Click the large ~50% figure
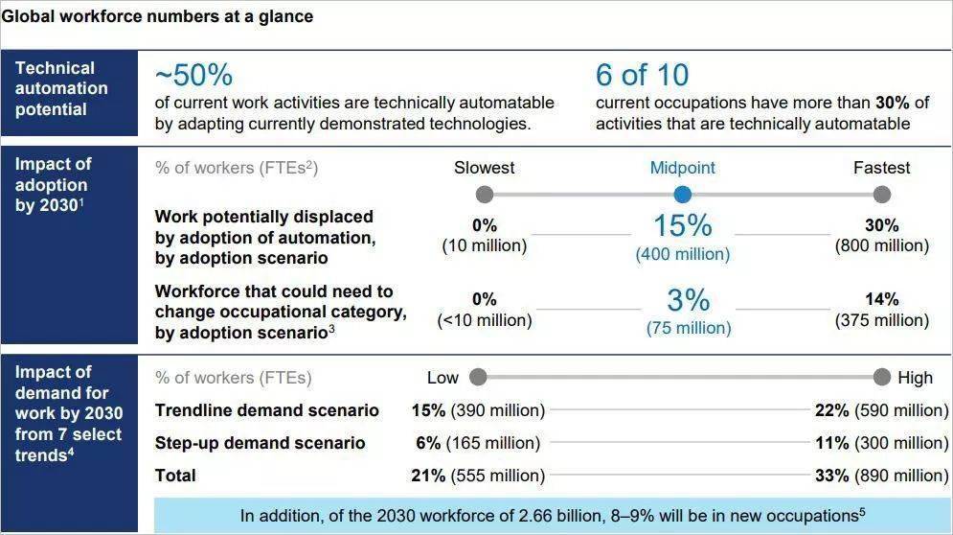[193, 76]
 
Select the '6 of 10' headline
[642, 76]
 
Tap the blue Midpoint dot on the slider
[683, 195]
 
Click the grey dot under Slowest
[485, 195]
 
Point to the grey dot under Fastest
[882, 195]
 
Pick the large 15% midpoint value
[683, 225]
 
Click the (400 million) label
[683, 254]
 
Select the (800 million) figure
[882, 245]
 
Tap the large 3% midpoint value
[688, 300]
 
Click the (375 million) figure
[882, 320]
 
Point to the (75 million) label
[689, 328]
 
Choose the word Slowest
[485, 168]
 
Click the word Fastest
[882, 168]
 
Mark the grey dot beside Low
[478, 378]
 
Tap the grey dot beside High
[882, 378]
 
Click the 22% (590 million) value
[882, 410]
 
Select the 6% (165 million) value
[478, 443]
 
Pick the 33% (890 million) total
[882, 476]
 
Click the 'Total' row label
[175, 476]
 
